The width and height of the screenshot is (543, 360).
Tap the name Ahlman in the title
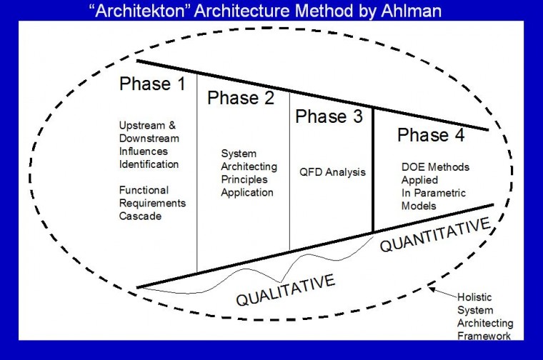click(x=417, y=10)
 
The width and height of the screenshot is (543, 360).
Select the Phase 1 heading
click(x=152, y=84)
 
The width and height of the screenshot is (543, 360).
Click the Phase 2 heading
click(x=241, y=98)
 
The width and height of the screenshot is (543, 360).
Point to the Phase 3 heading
click(x=329, y=116)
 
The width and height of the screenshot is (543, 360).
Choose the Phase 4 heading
click(x=432, y=135)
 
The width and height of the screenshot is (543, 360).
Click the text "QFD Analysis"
click(x=332, y=171)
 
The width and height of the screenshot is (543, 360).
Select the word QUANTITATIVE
click(x=436, y=236)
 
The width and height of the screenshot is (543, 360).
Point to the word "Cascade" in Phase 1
click(x=138, y=215)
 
